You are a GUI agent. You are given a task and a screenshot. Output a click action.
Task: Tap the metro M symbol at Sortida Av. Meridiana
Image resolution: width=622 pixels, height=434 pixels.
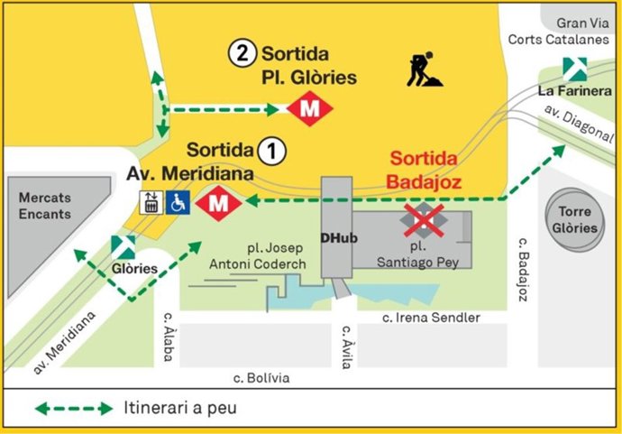tap(217, 203)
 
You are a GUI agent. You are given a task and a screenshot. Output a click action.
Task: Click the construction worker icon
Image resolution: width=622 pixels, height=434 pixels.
tap(424, 69)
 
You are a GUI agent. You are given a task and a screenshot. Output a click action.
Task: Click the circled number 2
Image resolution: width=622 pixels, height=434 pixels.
tap(239, 53)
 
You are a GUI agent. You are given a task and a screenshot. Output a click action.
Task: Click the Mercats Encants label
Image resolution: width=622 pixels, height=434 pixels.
tap(44, 207)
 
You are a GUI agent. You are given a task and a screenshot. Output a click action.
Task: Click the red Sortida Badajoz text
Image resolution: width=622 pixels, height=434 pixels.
tap(424, 171)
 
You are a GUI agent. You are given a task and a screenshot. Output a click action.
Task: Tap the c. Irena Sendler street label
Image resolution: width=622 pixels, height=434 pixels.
tap(431, 317)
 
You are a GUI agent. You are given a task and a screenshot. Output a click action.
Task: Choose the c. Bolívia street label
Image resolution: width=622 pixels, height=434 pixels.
tap(261, 378)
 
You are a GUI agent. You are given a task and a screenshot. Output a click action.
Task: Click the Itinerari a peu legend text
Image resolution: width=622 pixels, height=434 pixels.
tap(180, 408)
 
